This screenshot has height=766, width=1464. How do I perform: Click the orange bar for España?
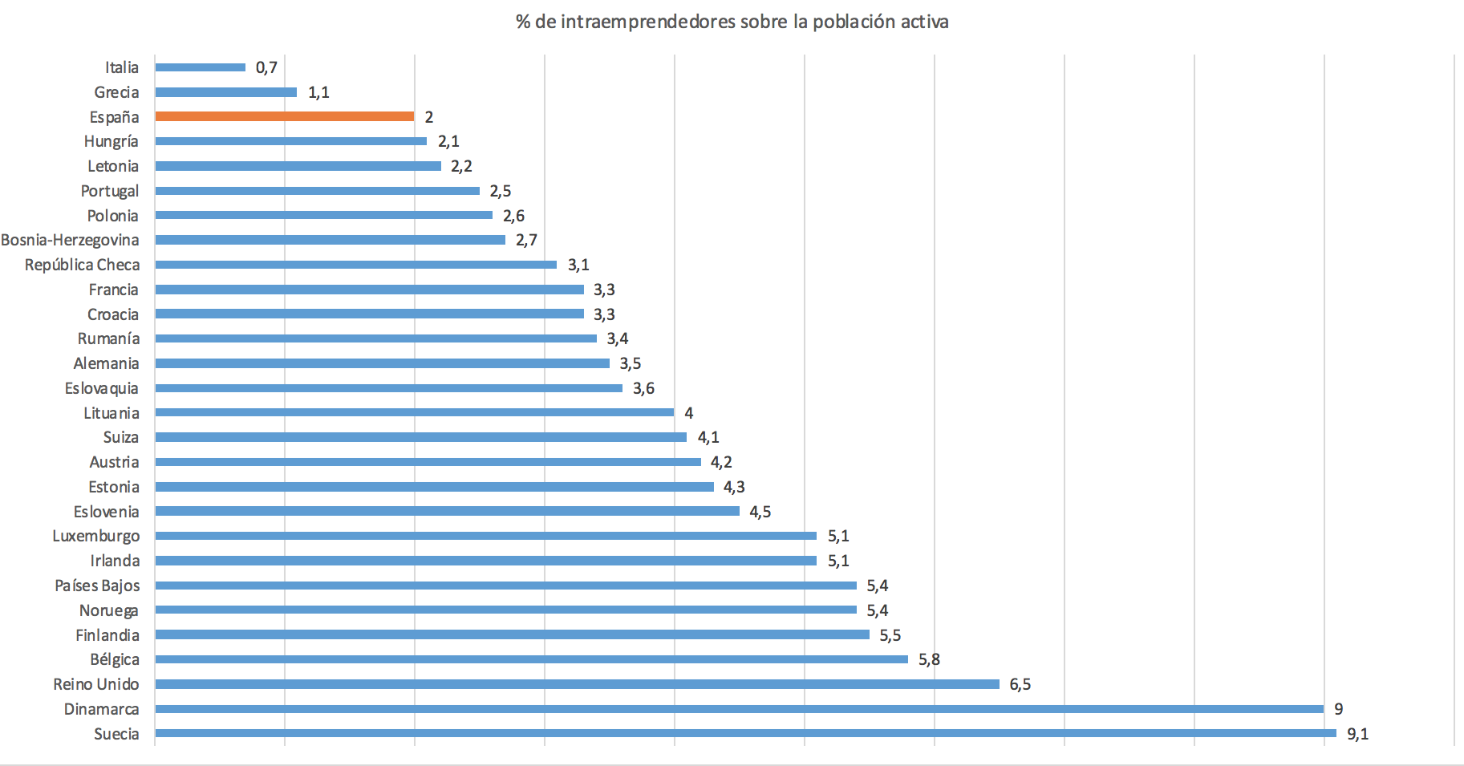[285, 116]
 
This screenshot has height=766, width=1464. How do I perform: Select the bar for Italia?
[201, 67]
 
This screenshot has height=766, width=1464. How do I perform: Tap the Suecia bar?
[745, 733]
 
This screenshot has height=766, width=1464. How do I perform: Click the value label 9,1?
[1357, 734]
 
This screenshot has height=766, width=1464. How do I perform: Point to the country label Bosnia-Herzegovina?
[70, 240]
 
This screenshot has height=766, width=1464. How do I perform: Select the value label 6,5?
[1020, 684]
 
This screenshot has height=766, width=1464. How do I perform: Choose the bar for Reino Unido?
[577, 684]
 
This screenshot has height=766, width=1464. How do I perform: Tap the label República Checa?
[82, 265]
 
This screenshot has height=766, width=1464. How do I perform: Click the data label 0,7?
[266, 67]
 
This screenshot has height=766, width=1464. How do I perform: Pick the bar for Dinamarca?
[739, 709]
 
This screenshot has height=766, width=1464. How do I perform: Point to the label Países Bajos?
[97, 586]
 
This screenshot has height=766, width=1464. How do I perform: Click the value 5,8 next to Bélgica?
[929, 659]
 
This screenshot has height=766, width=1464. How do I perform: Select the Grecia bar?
[226, 92]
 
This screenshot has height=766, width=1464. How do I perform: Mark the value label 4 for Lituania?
[688, 413]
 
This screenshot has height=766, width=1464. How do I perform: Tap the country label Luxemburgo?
[95, 536]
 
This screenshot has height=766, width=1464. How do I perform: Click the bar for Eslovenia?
[447, 511]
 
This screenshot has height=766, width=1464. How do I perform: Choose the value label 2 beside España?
[428, 117]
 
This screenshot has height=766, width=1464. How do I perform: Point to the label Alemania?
[106, 363]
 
